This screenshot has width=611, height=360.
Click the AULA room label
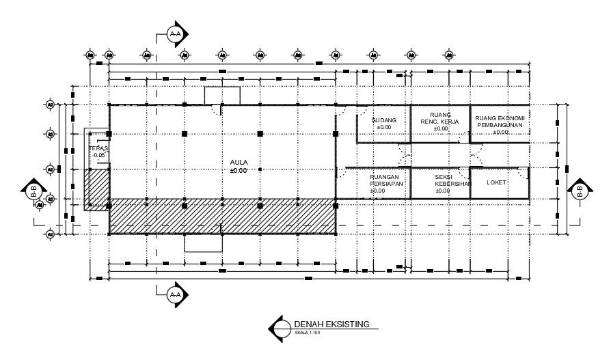[239, 162]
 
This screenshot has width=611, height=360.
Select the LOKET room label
[496, 182]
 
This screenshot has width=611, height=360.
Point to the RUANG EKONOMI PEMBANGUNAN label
[500, 121]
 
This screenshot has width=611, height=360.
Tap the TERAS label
[98, 148]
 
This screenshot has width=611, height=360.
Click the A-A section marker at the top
[176, 34]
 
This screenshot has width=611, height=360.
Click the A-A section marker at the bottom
[176, 294]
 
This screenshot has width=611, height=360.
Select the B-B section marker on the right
[580, 193]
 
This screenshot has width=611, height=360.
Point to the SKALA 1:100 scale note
[307, 333]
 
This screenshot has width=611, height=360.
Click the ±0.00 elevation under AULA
[239, 170]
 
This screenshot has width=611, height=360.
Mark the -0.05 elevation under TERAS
[100, 156]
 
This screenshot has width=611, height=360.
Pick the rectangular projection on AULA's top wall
[222, 96]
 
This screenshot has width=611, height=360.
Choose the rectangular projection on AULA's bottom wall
[204, 243]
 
